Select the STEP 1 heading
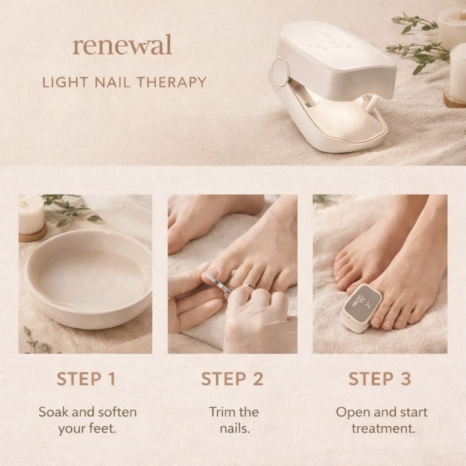pyautogui.click(x=86, y=379)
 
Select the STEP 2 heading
pyautogui.click(x=232, y=379)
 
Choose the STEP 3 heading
pyautogui.click(x=380, y=379)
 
